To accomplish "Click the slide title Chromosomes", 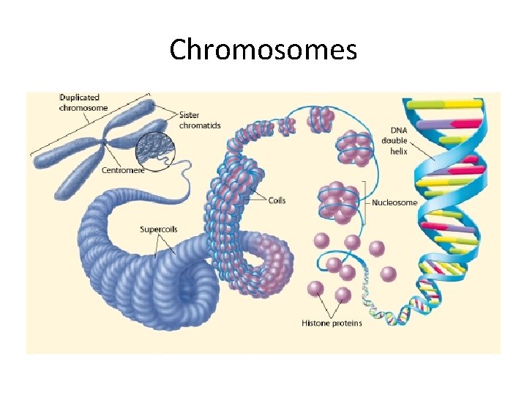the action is [263, 50].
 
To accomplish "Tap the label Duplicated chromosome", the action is [83, 103].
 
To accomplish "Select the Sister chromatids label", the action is [200, 120].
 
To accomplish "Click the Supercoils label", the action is [159, 230].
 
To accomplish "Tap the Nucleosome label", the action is [395, 202].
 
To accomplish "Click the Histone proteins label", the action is [332, 323].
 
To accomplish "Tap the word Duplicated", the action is [79, 98].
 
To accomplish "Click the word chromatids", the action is [200, 125].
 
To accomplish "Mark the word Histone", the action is [315, 323].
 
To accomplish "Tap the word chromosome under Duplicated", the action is [83, 109].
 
